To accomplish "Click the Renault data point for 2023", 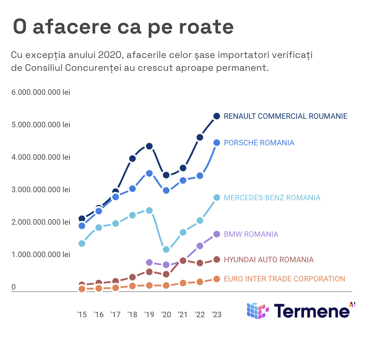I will (x=217, y=116).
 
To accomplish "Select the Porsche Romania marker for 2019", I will (x=149, y=173).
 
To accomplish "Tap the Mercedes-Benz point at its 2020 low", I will (x=166, y=249).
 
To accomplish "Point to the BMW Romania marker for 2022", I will (x=200, y=246).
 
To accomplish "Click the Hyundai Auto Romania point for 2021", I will (x=183, y=261).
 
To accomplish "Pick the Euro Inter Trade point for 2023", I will (x=217, y=279).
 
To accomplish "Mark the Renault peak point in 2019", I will (x=149, y=146).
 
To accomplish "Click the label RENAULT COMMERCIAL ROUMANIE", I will (x=285, y=116).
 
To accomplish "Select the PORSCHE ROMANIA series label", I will (x=259, y=143).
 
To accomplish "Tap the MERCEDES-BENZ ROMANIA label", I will (x=272, y=198).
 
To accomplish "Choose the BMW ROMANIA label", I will (x=251, y=234).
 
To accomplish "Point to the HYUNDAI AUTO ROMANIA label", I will (x=269, y=260).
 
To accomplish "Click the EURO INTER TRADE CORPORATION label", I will (x=284, y=279).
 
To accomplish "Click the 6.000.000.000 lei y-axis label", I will (x=41, y=92).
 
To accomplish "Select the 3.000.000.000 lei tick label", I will (x=41, y=190).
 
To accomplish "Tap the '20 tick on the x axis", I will (x=166, y=315).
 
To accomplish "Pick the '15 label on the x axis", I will (x=82, y=315).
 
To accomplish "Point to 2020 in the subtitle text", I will (x=109, y=55).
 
